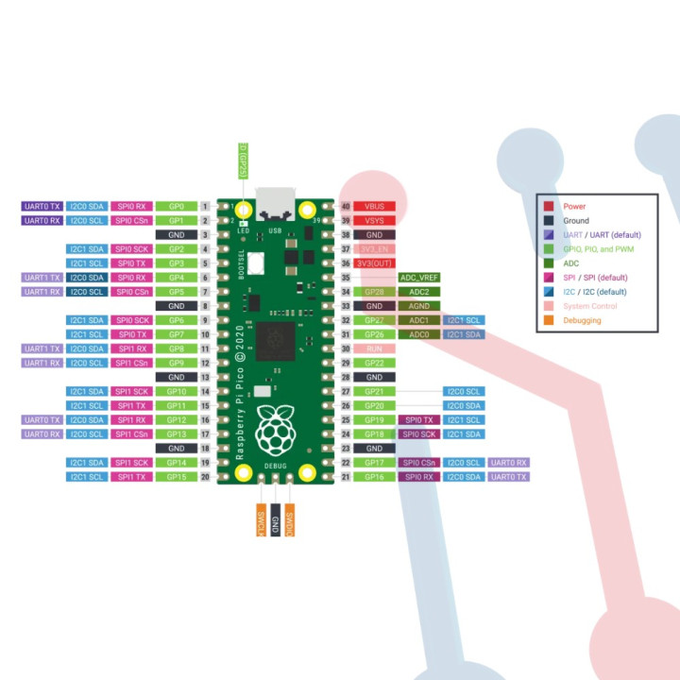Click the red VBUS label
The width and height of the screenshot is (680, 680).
(374, 206)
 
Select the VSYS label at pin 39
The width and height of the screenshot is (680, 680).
(374, 220)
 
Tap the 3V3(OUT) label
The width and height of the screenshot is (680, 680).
(374, 263)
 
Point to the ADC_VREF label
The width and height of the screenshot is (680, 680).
(419, 278)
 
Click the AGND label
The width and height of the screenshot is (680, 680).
(419, 306)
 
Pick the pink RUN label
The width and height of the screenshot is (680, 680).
(374, 348)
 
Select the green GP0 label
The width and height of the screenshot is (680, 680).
(177, 206)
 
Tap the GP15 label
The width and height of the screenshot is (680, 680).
(177, 477)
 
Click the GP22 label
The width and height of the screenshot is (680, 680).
(374, 363)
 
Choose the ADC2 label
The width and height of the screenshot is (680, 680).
(419, 292)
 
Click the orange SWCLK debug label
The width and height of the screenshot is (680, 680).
(261, 520)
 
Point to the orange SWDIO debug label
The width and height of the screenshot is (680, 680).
(290, 520)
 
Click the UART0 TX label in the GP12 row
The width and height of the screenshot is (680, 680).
(42, 419)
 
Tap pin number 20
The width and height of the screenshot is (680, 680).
(205, 477)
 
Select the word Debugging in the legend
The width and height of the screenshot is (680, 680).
(583, 320)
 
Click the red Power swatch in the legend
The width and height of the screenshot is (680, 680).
(548, 206)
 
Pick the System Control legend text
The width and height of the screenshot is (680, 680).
(590, 306)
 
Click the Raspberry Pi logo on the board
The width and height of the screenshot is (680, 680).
(276, 429)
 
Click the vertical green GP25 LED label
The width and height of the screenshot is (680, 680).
(243, 161)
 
